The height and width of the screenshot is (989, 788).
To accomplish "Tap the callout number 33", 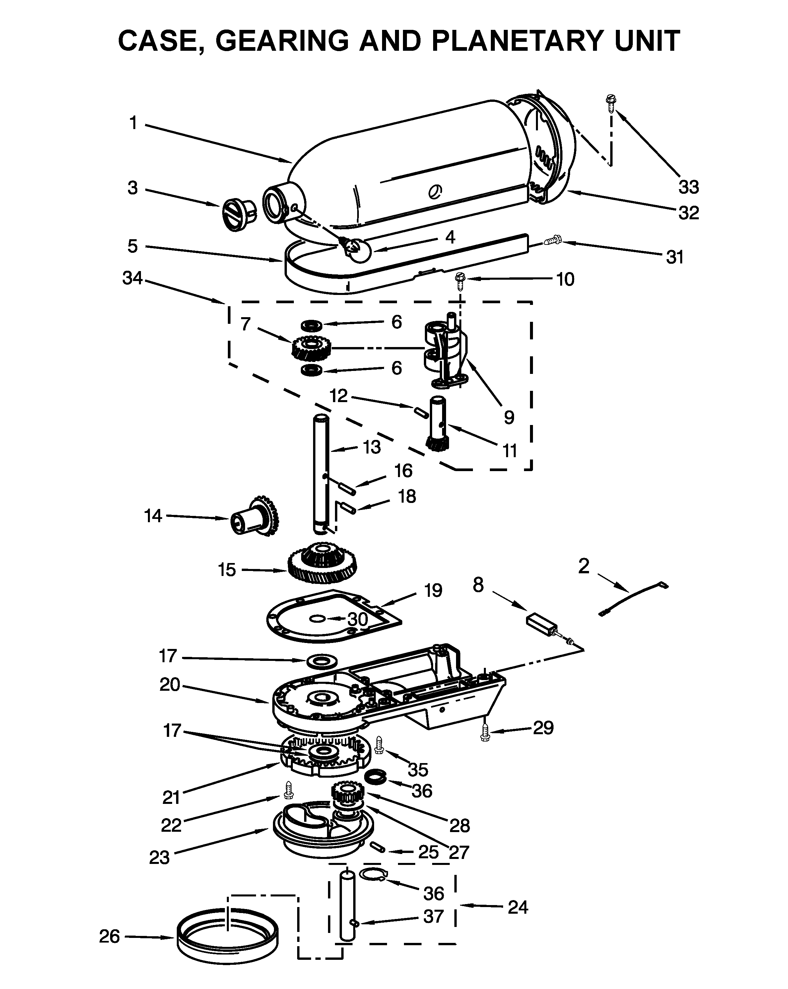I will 689,187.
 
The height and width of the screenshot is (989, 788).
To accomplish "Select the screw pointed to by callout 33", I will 611,103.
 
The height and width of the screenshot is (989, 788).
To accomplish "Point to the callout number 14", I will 153,516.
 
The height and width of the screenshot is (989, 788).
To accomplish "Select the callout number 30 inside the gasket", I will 357,619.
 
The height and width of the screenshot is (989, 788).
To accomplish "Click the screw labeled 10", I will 460,281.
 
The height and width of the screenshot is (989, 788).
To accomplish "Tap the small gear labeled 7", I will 311,348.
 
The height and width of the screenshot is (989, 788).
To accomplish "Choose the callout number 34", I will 133,278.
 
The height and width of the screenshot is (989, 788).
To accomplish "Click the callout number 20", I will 170,685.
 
